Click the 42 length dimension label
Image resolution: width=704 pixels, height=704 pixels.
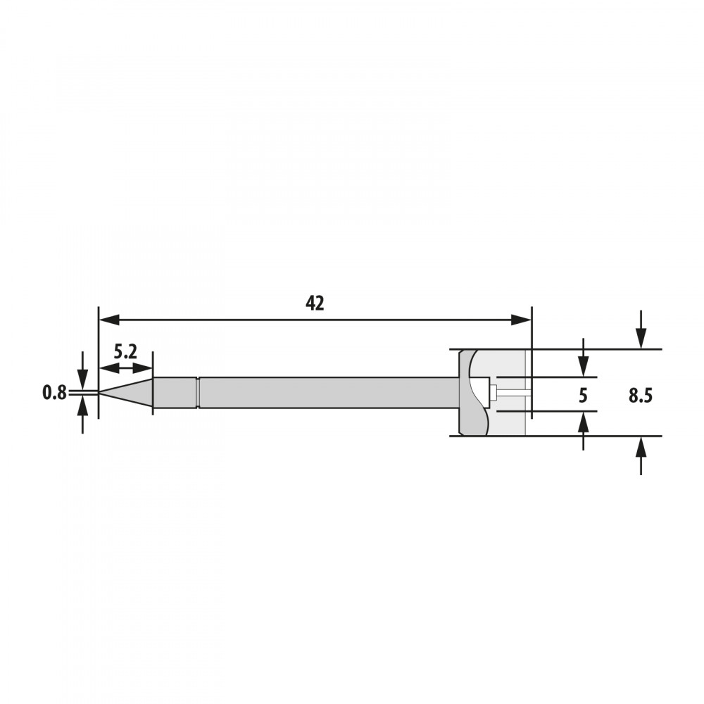(314, 304)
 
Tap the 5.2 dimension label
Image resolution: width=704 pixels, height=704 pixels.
(125, 352)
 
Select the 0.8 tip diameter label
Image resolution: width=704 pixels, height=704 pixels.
(54, 393)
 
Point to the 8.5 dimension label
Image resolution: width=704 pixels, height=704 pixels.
(640, 396)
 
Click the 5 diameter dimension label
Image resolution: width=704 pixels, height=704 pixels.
(583, 396)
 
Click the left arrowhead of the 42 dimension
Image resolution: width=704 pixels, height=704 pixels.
(109, 320)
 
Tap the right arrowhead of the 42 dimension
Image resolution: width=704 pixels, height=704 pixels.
(521, 320)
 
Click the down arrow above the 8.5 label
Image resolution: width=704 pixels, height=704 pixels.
(641, 329)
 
